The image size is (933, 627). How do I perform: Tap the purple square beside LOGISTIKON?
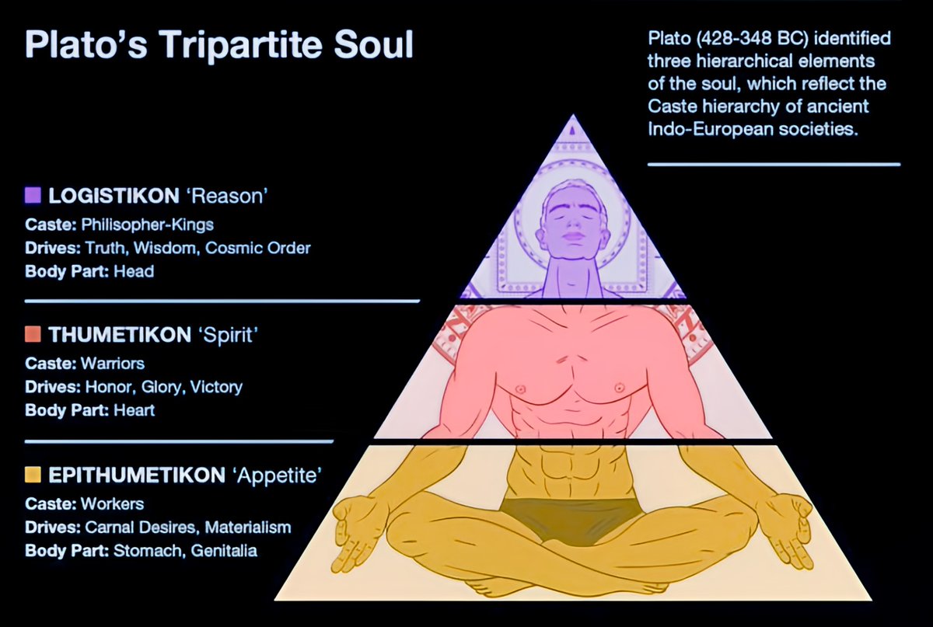click(x=33, y=196)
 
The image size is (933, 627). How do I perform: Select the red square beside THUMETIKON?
click(x=33, y=335)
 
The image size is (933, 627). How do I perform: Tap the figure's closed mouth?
click(x=573, y=236)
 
